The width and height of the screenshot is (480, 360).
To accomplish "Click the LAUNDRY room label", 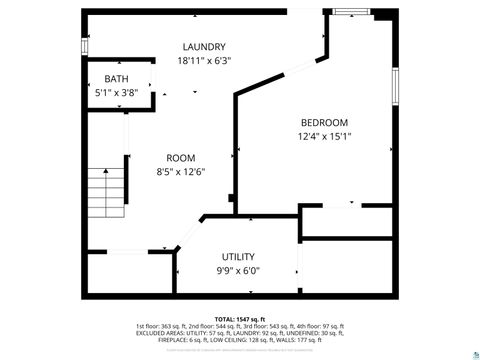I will (x=203, y=47).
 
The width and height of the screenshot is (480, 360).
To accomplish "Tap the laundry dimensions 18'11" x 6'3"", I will (x=203, y=61).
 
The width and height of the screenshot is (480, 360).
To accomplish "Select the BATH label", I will (x=115, y=79).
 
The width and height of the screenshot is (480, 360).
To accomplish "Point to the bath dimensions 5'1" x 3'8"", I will (x=115, y=93).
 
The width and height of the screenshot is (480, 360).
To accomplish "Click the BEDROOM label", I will (x=324, y=123).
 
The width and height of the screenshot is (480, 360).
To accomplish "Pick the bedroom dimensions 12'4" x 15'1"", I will (x=324, y=137).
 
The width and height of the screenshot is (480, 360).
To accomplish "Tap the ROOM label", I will (x=180, y=158).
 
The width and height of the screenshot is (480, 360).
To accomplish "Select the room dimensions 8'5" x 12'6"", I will (x=180, y=172).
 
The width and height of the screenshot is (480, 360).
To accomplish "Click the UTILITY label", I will (x=238, y=257).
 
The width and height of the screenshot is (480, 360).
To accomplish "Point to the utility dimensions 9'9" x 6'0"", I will (x=238, y=271).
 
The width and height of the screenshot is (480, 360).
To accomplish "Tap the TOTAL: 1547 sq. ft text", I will (x=239, y=318).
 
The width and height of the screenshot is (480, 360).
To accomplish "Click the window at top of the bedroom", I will (x=350, y=12).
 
